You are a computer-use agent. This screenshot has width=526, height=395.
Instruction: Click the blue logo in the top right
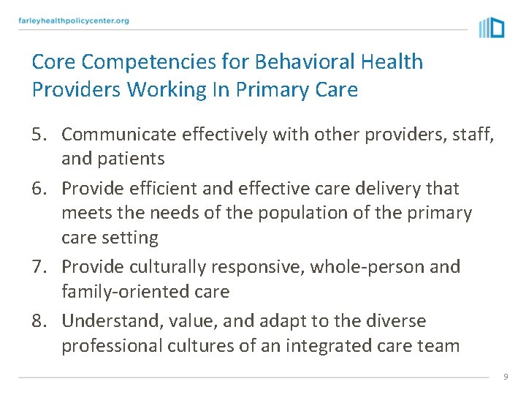492,28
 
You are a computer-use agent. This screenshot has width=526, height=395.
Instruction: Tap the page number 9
505,376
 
